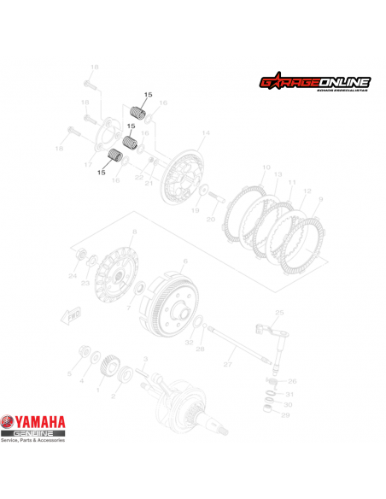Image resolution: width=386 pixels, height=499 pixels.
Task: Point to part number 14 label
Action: point(205,134)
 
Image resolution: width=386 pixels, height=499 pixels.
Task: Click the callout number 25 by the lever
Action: point(278,313)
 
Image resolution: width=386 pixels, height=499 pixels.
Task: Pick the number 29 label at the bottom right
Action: point(286,414)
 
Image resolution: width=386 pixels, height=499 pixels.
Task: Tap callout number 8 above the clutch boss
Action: point(134,232)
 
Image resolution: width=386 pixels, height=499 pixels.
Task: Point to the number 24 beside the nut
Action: point(73,276)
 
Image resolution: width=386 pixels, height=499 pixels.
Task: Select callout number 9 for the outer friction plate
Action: point(321,199)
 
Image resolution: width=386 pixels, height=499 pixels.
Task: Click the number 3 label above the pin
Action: point(146,359)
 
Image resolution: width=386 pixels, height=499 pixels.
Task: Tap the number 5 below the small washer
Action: point(69,374)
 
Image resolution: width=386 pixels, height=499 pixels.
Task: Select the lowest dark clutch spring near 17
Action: point(110,156)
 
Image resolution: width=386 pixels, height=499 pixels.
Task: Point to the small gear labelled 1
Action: point(108,369)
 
